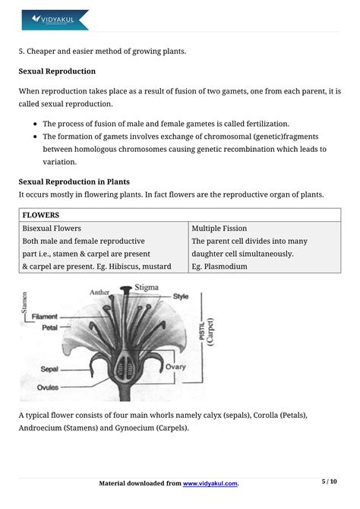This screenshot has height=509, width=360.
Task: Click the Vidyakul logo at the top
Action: [55, 20]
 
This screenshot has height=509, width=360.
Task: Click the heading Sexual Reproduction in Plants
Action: [74, 182]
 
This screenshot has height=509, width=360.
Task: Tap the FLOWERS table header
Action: [41, 215]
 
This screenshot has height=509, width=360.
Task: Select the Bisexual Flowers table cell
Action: [52, 228]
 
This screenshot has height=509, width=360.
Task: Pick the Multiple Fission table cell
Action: [219, 228]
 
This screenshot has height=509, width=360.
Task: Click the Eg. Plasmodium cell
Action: [219, 267]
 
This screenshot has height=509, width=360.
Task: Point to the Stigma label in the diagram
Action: [147, 287]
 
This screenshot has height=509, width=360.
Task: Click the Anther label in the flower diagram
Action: [100, 291]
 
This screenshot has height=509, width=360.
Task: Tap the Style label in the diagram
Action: [181, 296]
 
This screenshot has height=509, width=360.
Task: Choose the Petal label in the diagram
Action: [50, 329]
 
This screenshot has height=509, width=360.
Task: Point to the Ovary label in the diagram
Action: [175, 367]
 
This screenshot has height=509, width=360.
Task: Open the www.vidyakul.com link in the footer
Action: [210, 483]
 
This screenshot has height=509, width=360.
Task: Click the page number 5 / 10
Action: [329, 482]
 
